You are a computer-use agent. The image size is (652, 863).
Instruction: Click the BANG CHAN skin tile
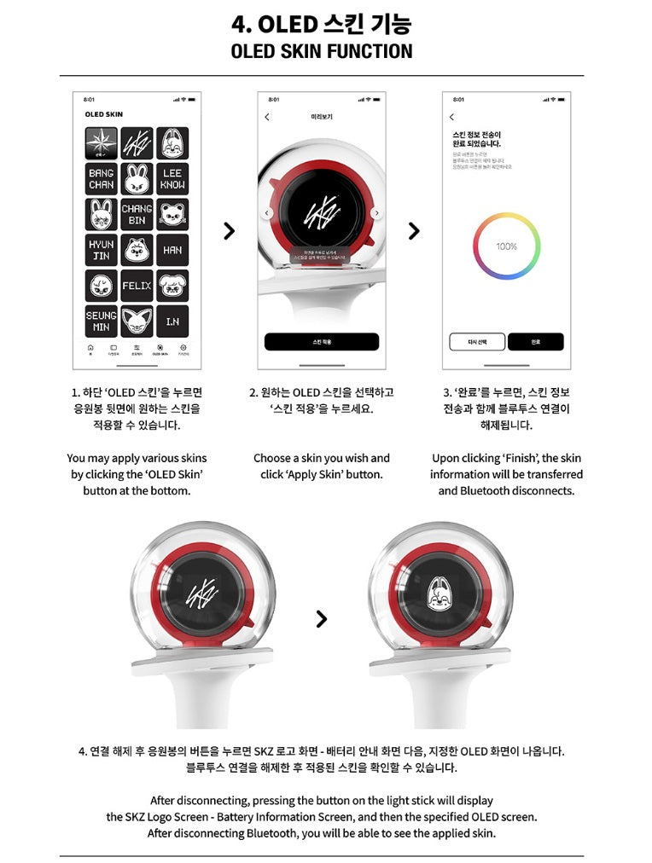coord(102,179)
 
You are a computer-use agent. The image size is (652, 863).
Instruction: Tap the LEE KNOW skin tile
coord(172,179)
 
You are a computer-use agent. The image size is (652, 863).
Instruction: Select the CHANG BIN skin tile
coord(137,214)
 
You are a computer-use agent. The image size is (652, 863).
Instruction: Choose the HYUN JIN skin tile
coord(102,250)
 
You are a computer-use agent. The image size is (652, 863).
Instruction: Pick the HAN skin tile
coord(172,250)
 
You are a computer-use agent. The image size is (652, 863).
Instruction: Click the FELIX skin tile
coord(137,286)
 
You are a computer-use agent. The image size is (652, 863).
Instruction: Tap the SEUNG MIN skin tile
coord(102,321)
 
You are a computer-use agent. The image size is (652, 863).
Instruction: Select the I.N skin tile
coord(172,321)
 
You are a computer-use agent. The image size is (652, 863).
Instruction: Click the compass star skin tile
coord(102,142)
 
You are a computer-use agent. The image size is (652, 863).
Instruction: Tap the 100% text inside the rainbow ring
coord(506,246)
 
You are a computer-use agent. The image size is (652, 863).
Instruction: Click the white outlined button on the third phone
coord(477,342)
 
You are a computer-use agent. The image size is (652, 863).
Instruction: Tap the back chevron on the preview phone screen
coord(267,117)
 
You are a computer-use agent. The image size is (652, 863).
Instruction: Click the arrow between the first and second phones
coord(228,230)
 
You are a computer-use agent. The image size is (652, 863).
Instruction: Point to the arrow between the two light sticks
coord(321,618)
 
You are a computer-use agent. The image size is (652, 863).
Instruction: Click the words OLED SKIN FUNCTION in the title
coord(321,51)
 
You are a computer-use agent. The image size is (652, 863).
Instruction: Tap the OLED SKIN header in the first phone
coord(104,114)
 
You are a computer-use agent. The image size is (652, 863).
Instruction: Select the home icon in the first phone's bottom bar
coord(90,348)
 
